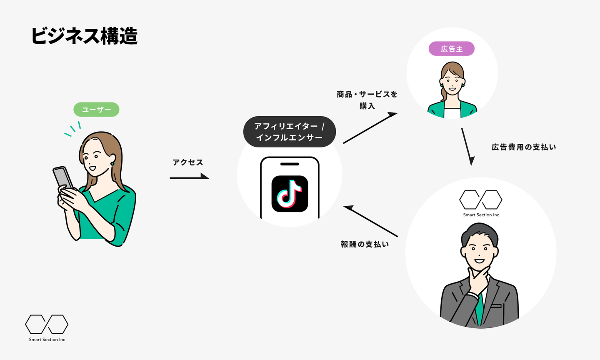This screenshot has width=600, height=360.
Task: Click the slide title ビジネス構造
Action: click(x=84, y=36)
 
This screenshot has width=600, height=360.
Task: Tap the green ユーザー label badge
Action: click(x=96, y=110)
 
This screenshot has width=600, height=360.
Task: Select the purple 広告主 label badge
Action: click(x=452, y=49)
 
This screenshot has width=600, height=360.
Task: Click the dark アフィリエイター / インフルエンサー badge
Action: click(x=289, y=132)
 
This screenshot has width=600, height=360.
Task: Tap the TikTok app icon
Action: click(x=290, y=194)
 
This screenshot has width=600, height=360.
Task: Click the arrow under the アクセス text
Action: click(x=190, y=177)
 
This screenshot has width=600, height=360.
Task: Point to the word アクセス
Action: click(x=188, y=162)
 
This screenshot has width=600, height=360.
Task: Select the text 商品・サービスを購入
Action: click(x=367, y=100)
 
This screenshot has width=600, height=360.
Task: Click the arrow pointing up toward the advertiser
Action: click(x=370, y=128)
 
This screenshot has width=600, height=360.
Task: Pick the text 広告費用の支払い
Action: click(x=524, y=147)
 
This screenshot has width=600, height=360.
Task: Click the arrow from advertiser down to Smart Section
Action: click(x=467, y=146)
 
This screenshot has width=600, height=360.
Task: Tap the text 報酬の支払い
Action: click(x=365, y=244)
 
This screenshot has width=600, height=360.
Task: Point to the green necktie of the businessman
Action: click(x=480, y=308)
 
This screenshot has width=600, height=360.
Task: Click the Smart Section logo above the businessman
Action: click(x=481, y=203)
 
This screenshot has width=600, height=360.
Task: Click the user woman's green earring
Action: click(x=112, y=164)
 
